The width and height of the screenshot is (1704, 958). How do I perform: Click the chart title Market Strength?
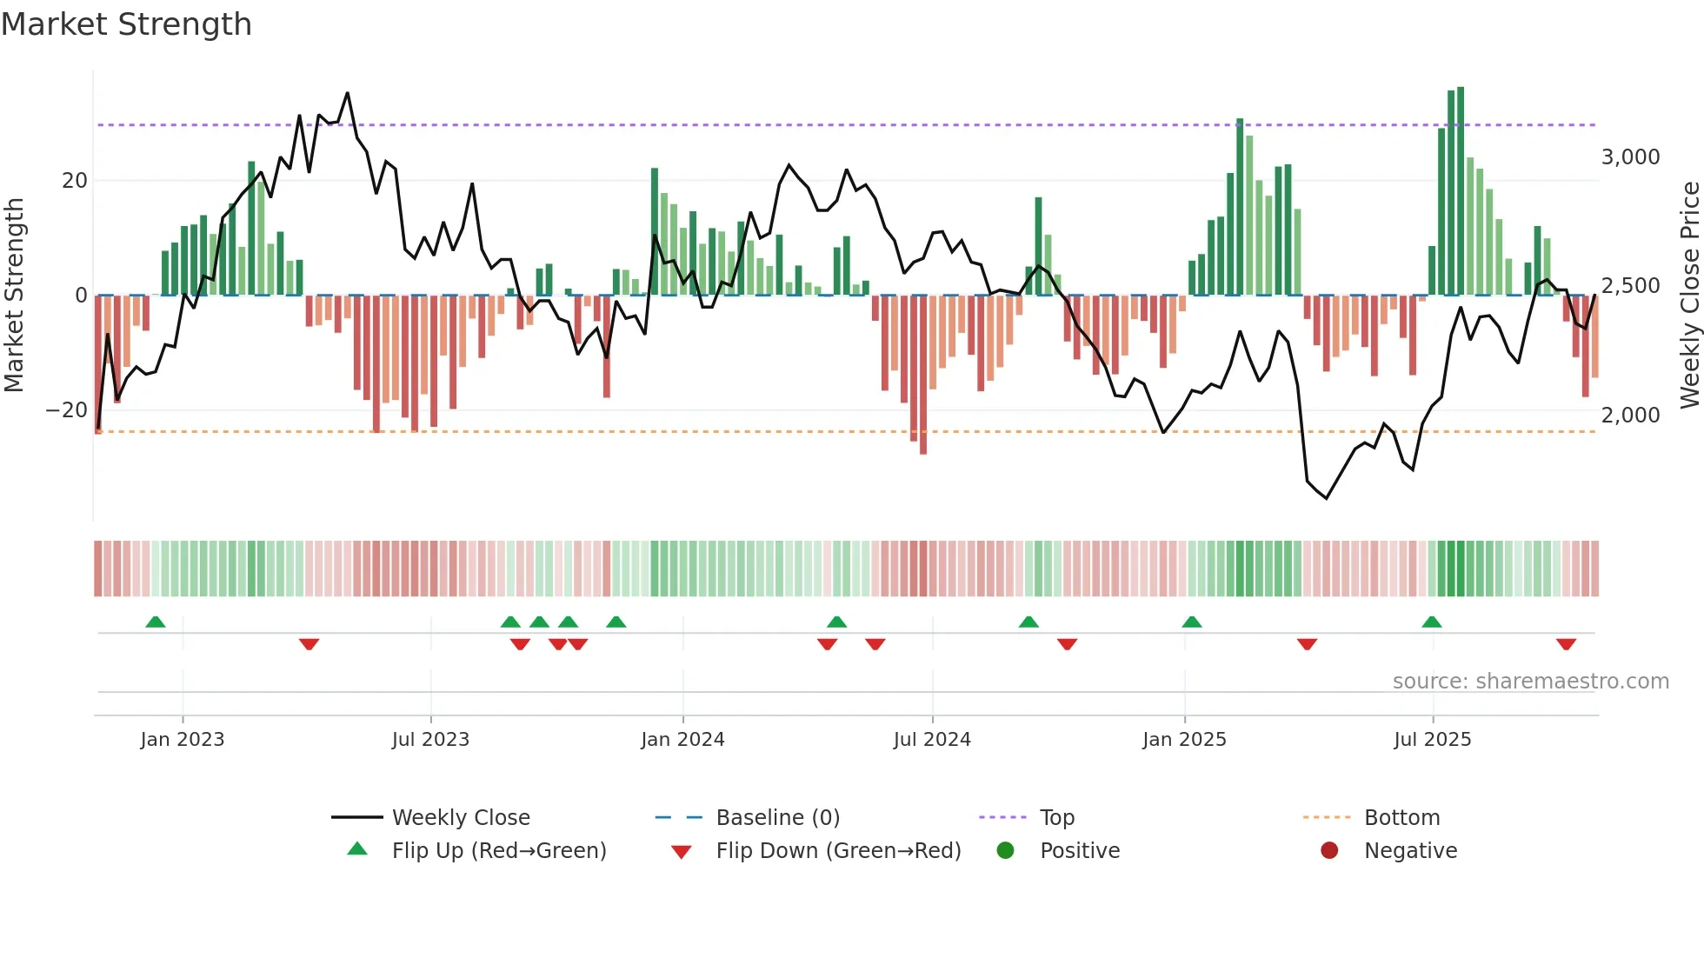[126, 24]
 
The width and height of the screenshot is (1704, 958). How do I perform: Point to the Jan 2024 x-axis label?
[682, 740]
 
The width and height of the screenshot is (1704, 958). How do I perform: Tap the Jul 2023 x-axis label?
[430, 740]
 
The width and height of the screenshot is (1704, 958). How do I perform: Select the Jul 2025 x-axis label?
[1432, 740]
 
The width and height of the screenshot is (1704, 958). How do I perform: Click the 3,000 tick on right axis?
[1630, 157]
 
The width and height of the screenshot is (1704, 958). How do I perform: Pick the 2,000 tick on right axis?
[1630, 416]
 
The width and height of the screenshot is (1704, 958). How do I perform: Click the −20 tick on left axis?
[66, 410]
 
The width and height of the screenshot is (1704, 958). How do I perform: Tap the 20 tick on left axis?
[75, 181]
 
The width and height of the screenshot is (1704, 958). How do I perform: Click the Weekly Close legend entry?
[460, 818]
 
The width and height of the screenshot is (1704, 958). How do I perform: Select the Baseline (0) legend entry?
[777, 818]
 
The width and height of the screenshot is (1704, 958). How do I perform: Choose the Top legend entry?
[1056, 818]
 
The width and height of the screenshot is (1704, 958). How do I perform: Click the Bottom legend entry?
[1401, 818]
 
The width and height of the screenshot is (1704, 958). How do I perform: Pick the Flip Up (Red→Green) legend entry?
[498, 851]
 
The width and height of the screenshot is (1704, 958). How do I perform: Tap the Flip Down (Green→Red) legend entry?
[837, 851]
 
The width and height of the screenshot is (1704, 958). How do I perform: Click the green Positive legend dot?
[1005, 851]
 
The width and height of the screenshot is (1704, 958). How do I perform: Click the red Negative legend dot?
[1328, 851]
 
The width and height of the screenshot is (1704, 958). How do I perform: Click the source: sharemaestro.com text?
[1530, 682]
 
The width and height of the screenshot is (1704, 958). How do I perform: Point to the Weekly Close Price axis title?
[1689, 296]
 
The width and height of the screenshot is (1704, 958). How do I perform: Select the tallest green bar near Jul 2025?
[1461, 191]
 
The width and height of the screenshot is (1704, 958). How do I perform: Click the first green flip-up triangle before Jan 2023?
[156, 622]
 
